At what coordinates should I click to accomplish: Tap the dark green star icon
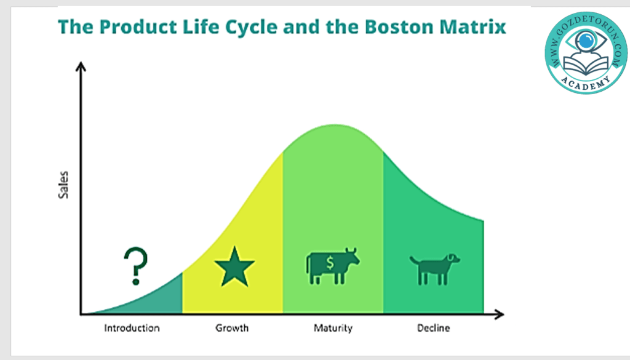[x=234, y=268]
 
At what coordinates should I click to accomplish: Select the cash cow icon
[x=333, y=266]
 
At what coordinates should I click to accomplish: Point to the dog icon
[x=435, y=269]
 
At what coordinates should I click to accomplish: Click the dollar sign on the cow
[x=330, y=263]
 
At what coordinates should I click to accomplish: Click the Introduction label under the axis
[x=132, y=328]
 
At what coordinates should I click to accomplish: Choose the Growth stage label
[x=232, y=328]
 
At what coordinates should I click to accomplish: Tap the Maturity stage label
[x=333, y=328]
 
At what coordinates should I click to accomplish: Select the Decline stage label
[x=434, y=328]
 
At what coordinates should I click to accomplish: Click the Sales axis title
[x=63, y=185]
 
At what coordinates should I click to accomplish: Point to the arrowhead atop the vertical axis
[x=81, y=66]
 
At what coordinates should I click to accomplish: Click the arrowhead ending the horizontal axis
[x=499, y=314]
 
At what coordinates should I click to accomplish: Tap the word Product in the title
[x=138, y=27]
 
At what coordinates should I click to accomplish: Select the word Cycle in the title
[x=251, y=28]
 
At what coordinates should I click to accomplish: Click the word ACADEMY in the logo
[x=586, y=82]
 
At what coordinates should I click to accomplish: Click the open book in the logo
[x=586, y=64]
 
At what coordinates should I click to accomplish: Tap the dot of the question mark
[x=136, y=282]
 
